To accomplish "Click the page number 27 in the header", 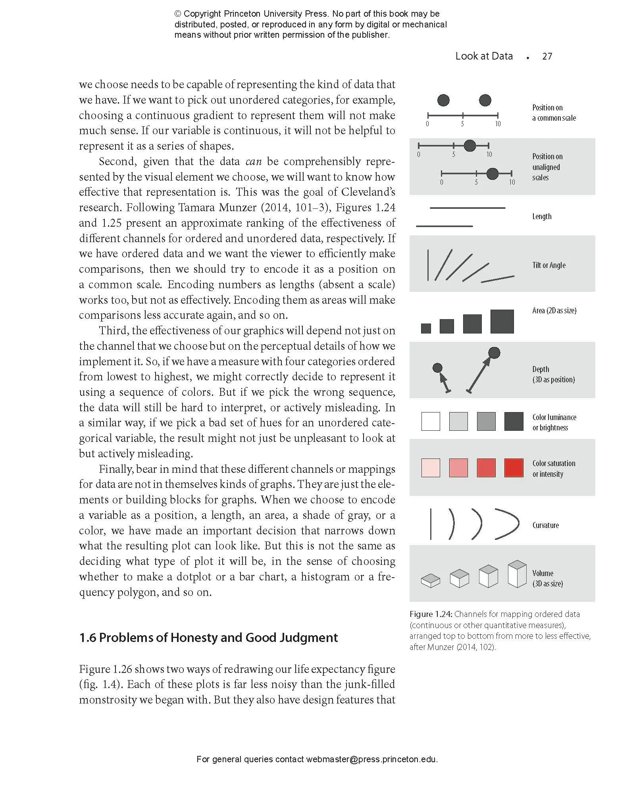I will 547,56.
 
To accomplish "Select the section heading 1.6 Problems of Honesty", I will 208,638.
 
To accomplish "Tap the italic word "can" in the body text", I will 254,162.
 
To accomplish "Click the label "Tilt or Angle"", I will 549,265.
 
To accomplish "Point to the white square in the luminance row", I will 431,421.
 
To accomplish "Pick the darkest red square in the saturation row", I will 514,468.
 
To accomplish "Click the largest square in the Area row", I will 502,321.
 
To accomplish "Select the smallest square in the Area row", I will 426,328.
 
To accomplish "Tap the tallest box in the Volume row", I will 517,574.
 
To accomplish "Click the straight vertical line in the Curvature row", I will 431,524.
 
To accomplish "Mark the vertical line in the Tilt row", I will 428,265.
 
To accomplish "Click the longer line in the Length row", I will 468,208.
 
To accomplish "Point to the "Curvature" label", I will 545,525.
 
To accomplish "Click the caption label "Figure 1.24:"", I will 431,614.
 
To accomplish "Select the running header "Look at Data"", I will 484,56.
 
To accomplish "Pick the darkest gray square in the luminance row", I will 514,421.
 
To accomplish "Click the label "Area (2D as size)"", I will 554,310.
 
